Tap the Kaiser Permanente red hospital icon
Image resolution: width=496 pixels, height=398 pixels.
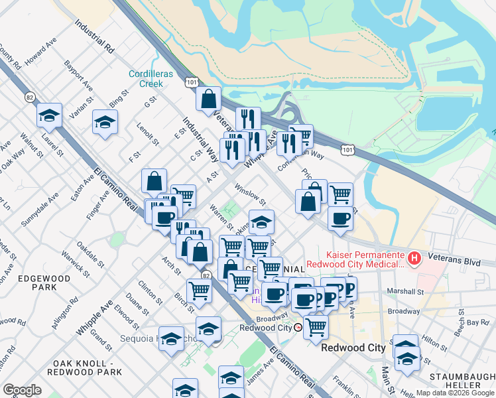point(414,258)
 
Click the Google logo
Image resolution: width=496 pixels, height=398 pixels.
point(22,390)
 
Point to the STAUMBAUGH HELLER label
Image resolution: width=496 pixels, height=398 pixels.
point(462,380)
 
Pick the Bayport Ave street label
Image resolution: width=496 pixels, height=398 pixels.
point(78,74)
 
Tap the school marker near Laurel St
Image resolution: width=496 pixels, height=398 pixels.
point(49,115)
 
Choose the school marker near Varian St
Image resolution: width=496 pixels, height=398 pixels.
point(105,123)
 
